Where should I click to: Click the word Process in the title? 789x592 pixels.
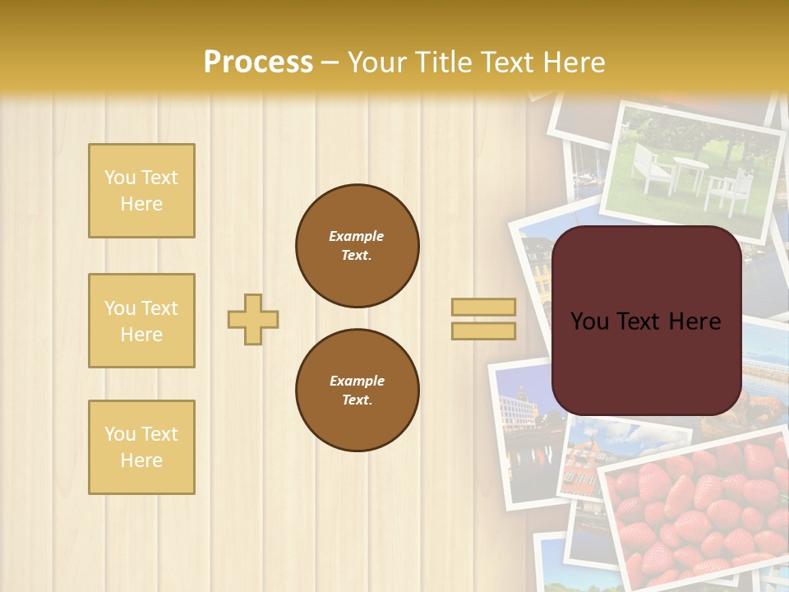(x=258, y=62)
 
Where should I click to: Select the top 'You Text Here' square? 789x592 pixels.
(x=141, y=191)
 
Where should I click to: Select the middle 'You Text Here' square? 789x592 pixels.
(x=141, y=321)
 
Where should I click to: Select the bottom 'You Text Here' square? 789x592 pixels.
(x=141, y=447)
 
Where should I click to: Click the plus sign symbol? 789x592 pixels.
(x=253, y=319)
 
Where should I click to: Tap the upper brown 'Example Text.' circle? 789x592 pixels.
(x=358, y=246)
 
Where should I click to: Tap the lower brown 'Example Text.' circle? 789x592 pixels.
(x=358, y=391)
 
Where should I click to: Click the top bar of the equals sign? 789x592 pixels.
(x=483, y=308)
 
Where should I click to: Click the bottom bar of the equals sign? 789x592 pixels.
(x=483, y=331)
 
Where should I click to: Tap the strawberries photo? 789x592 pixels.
(x=699, y=510)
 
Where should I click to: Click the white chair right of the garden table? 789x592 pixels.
(x=727, y=190)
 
